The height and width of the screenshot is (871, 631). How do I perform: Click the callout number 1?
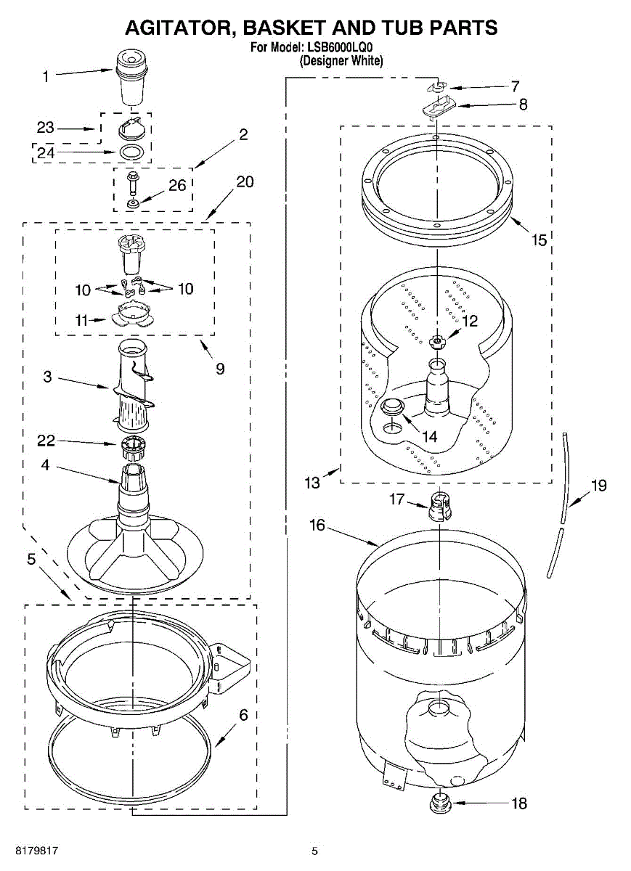(46, 76)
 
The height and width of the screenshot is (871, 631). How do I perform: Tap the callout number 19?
(598, 486)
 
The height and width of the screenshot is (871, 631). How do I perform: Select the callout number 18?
(518, 803)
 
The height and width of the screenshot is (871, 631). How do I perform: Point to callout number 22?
(46, 440)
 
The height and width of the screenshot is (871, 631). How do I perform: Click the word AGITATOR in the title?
(180, 28)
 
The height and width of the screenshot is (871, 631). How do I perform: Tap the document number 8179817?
(32, 850)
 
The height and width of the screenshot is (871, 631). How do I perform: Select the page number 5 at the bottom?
(314, 851)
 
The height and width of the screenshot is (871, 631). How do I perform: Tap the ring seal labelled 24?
(131, 152)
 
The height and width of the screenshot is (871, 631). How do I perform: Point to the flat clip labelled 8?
(439, 107)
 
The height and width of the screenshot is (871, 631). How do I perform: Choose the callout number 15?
(539, 239)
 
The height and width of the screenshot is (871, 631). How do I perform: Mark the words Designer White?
(341, 62)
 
